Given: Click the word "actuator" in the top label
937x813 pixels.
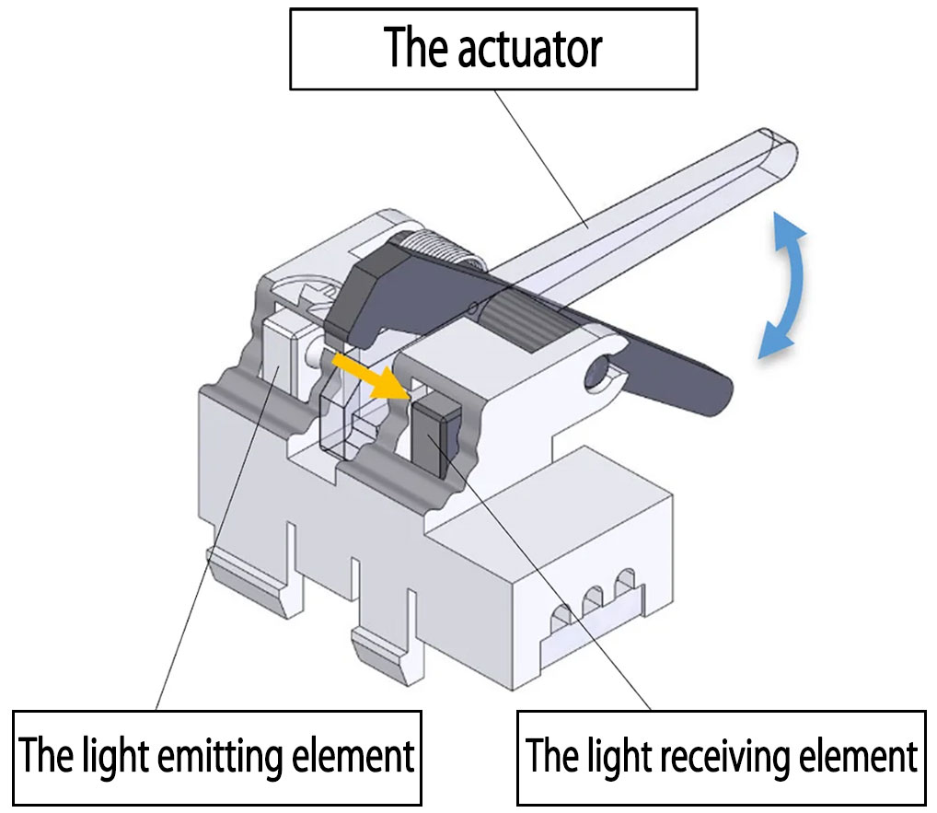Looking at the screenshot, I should point(529,48).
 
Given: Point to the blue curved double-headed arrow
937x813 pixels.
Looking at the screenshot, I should point(785,284).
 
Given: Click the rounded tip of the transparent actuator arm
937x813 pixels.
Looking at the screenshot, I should point(782,152).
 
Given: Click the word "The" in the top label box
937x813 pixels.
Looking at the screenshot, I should point(411,48).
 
